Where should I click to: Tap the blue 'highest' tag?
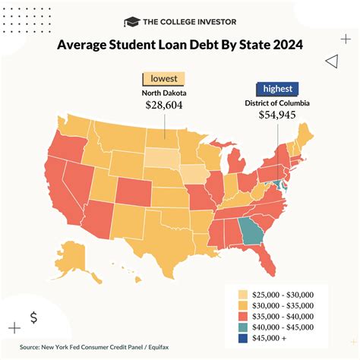pos(277,88)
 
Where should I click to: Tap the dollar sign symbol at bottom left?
pos(33,317)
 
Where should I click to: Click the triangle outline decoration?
pos(330,62)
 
